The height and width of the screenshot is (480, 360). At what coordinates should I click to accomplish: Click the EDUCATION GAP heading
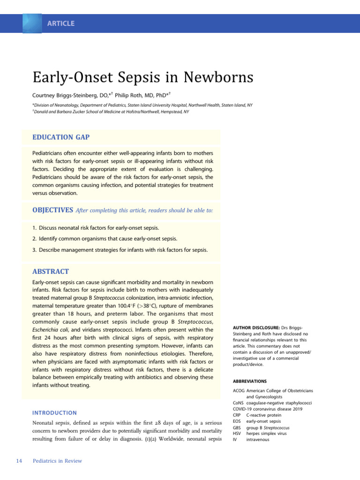[60, 137]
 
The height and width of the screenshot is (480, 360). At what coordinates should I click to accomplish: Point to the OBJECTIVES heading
[52, 210]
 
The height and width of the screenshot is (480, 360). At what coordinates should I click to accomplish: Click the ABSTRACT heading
[51, 271]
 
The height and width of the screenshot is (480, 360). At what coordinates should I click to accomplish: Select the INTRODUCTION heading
[54, 413]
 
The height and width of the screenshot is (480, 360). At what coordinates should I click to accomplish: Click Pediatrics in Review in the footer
[57, 461]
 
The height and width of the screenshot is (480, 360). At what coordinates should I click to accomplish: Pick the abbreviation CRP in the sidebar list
[237, 415]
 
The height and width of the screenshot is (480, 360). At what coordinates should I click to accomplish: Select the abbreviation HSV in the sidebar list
[237, 434]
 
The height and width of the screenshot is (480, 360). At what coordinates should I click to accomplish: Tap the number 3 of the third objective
[34, 250]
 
